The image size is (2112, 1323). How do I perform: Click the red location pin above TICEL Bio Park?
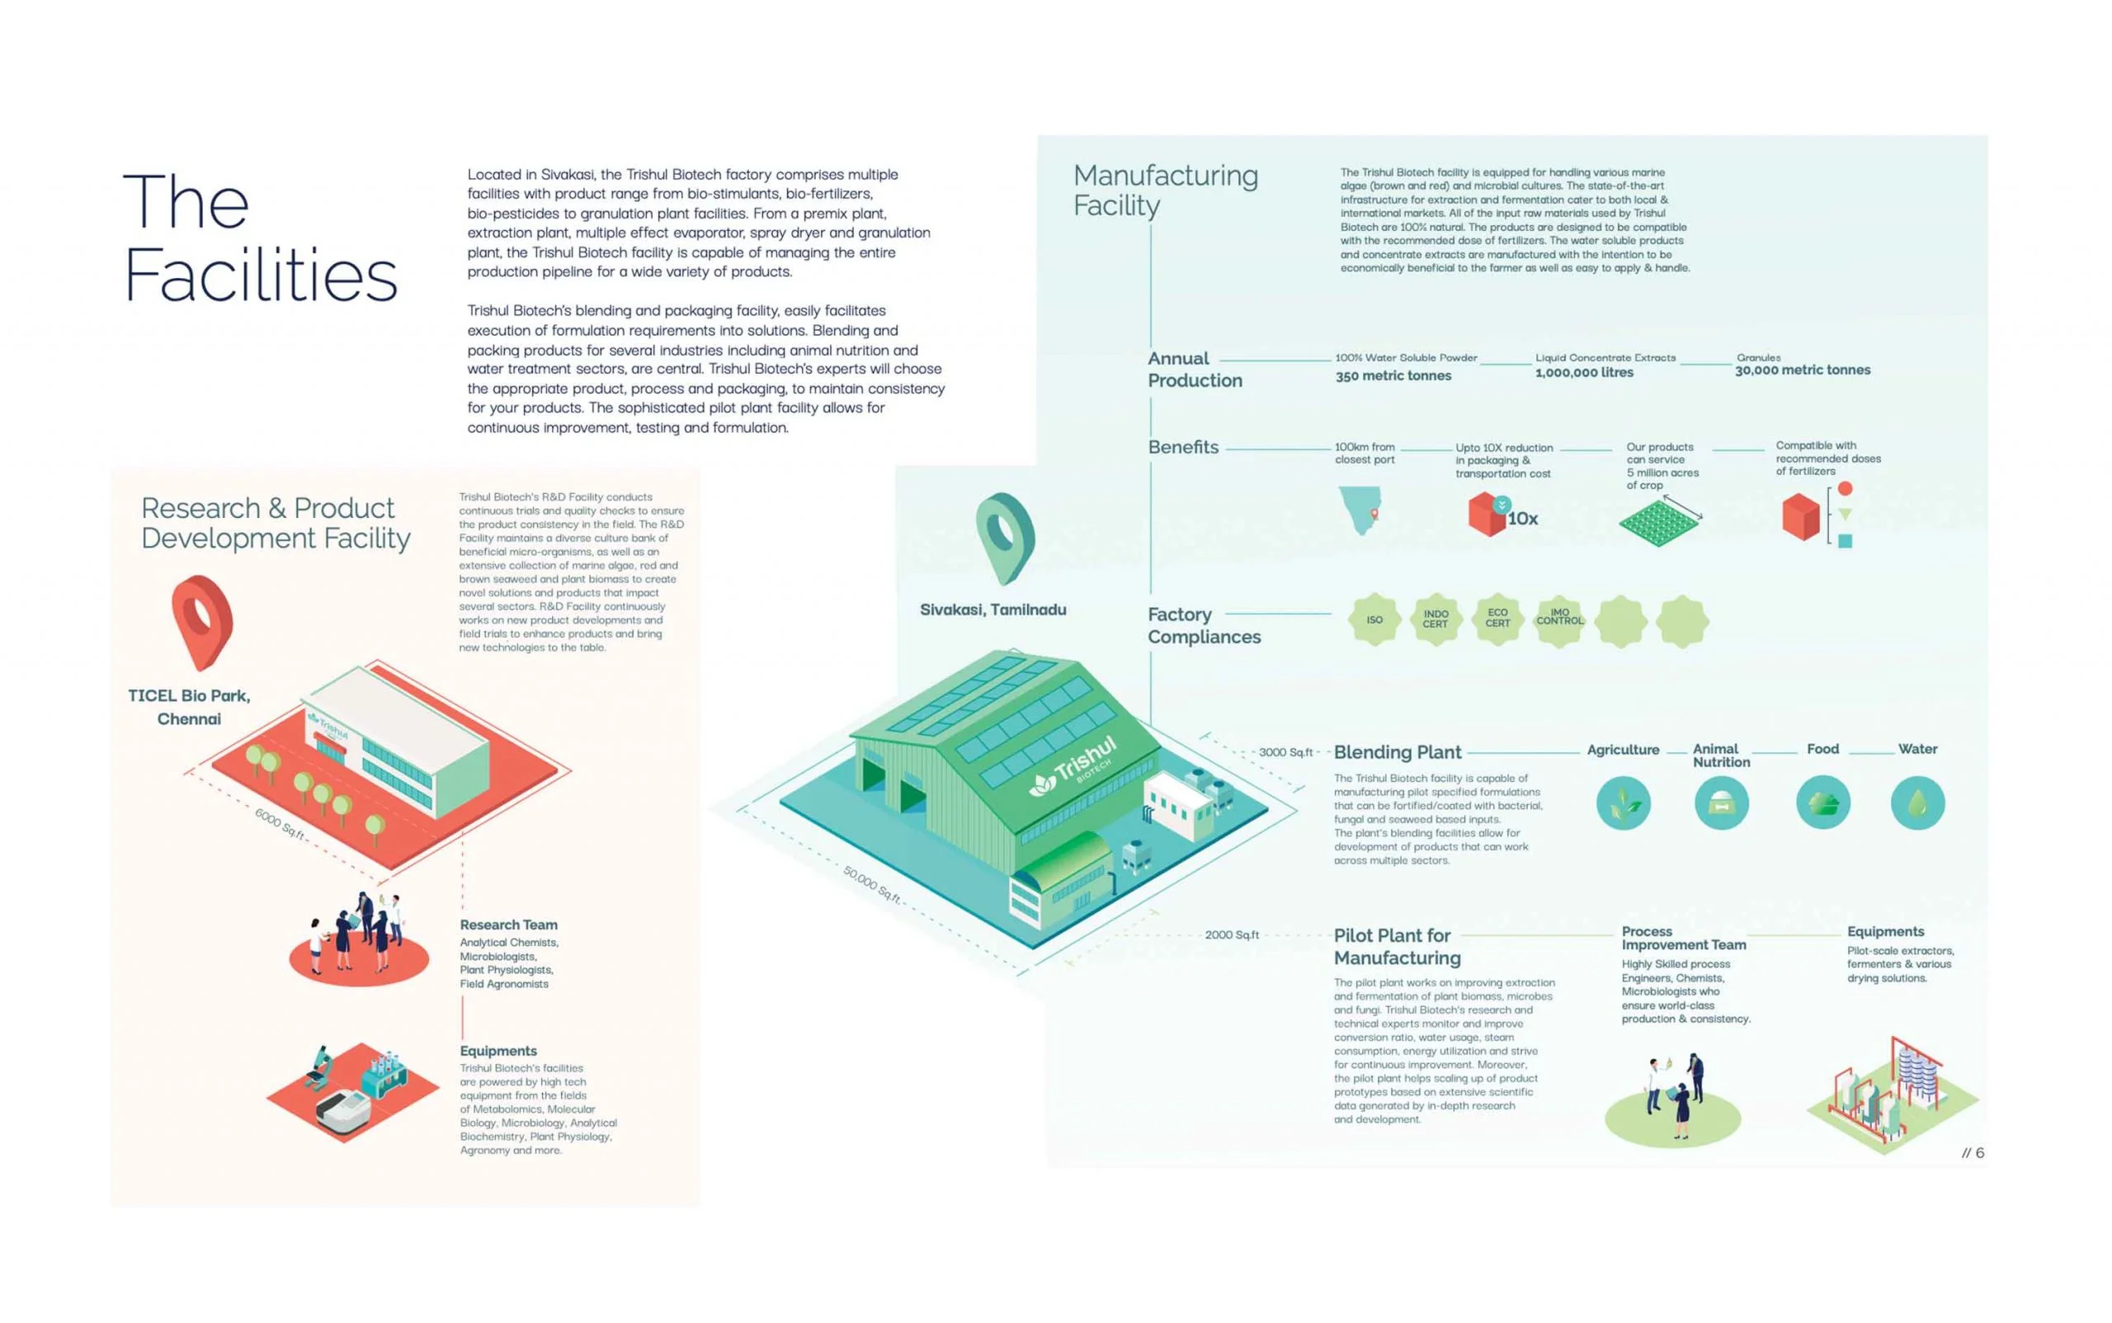(202, 619)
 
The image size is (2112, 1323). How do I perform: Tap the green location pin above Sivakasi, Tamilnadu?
(1005, 535)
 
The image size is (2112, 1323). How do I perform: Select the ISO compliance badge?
(1374, 620)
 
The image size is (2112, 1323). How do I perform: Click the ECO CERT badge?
(1497, 619)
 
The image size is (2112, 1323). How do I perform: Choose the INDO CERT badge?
(1435, 619)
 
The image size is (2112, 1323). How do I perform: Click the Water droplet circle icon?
(1916, 803)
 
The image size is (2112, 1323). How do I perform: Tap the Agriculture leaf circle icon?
(1623, 803)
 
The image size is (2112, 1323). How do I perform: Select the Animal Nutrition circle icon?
(1721, 803)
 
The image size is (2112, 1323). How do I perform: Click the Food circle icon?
(1822, 803)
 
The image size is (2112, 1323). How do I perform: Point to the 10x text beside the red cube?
(1523, 519)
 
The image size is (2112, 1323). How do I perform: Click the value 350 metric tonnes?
(1393, 376)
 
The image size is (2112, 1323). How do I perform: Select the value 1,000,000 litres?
(1584, 373)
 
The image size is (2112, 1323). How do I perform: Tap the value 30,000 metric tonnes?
(1802, 370)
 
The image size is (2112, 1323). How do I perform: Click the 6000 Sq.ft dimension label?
(280, 823)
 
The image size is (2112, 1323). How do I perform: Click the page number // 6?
(1973, 1152)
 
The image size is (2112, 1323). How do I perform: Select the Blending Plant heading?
(1397, 751)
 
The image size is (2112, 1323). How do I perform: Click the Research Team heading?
(508, 925)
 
